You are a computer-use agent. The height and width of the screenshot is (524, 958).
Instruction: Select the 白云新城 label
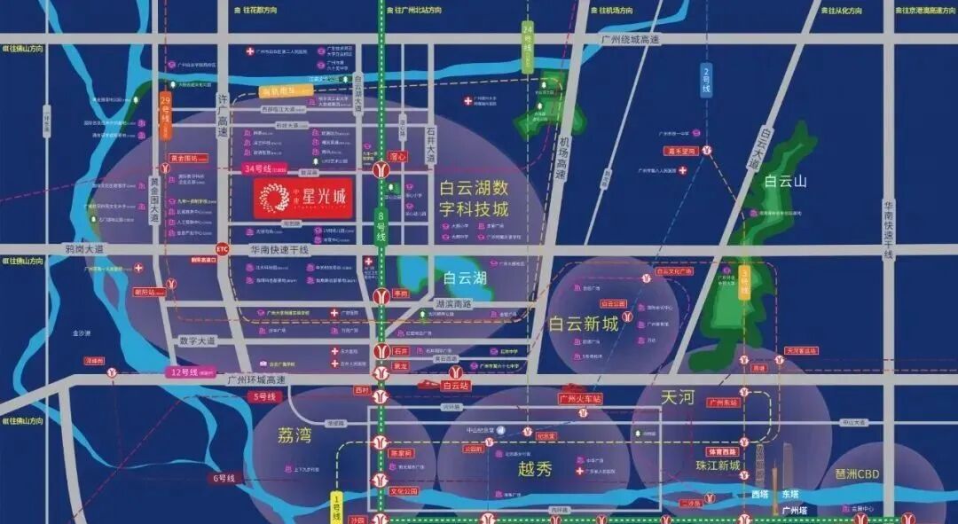tap(583, 324)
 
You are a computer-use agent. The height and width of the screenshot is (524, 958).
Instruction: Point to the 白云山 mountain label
tap(784, 181)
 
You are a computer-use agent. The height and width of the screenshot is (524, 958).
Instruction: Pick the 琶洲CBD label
tap(856, 474)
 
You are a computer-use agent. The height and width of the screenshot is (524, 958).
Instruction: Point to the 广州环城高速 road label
tap(256, 379)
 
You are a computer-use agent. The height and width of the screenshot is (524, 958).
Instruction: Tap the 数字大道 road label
tap(197, 340)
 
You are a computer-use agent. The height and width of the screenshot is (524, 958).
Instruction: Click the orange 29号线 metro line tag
tap(165, 114)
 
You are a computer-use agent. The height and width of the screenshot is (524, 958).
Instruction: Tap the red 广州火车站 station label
tap(580, 398)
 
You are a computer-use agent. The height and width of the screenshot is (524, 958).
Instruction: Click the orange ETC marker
tap(222, 249)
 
